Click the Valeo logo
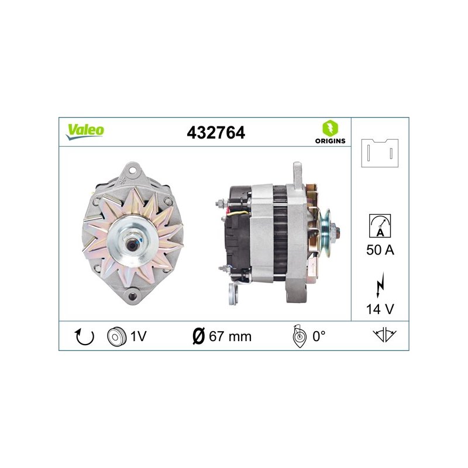(x=85, y=131)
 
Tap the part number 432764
(x=216, y=133)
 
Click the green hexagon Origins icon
(x=330, y=128)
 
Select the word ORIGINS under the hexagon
(x=330, y=141)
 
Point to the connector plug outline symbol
(x=380, y=153)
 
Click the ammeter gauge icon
(x=380, y=226)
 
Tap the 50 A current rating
(x=380, y=250)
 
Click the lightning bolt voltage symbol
(x=380, y=285)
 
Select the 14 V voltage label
(x=380, y=309)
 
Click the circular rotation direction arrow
(x=84, y=337)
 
